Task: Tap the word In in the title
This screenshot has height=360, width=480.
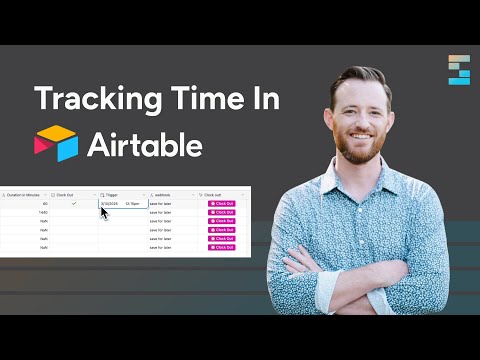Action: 264,100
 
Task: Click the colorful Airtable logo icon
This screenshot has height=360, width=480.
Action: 55,144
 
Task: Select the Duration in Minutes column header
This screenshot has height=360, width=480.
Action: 24,194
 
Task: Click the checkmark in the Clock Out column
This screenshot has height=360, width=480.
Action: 74,204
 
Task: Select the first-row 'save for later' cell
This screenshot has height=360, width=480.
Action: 162,204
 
